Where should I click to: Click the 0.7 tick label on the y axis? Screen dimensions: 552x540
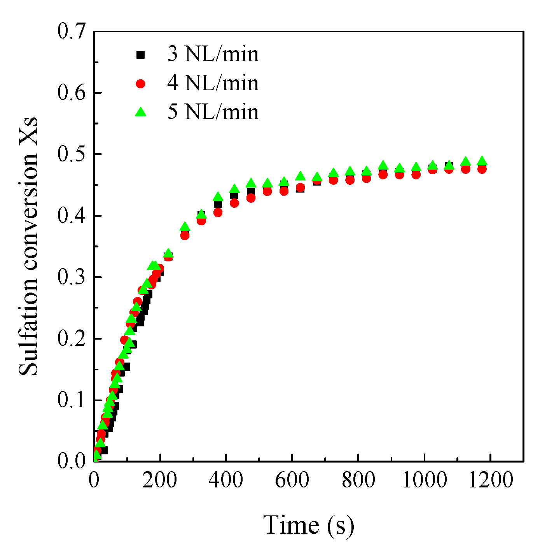(71, 32)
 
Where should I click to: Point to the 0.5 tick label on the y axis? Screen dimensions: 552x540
(71, 154)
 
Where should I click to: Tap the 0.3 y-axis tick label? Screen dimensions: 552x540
(71, 277)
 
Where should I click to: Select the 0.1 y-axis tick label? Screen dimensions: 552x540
(71, 400)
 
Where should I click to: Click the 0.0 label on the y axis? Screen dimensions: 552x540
(71, 461)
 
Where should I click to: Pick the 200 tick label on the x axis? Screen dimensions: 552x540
(159, 480)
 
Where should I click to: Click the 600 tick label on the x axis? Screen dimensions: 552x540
(292, 480)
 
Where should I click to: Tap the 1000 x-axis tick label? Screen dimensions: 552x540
(424, 480)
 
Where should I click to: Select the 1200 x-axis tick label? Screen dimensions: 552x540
(491, 480)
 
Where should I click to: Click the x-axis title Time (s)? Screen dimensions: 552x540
(309, 525)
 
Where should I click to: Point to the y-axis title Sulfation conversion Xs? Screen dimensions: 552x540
(29, 246)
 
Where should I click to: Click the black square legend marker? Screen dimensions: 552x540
(140, 55)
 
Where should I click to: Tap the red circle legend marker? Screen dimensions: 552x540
(140, 84)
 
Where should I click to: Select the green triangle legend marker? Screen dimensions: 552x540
(140, 112)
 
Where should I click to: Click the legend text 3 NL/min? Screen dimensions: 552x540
(213, 54)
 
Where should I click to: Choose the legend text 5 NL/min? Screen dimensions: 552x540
(213, 112)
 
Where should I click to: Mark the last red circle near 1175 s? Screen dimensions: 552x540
(482, 169)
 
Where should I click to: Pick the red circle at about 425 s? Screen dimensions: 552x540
(234, 203)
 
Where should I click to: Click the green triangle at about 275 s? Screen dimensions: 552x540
(185, 227)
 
